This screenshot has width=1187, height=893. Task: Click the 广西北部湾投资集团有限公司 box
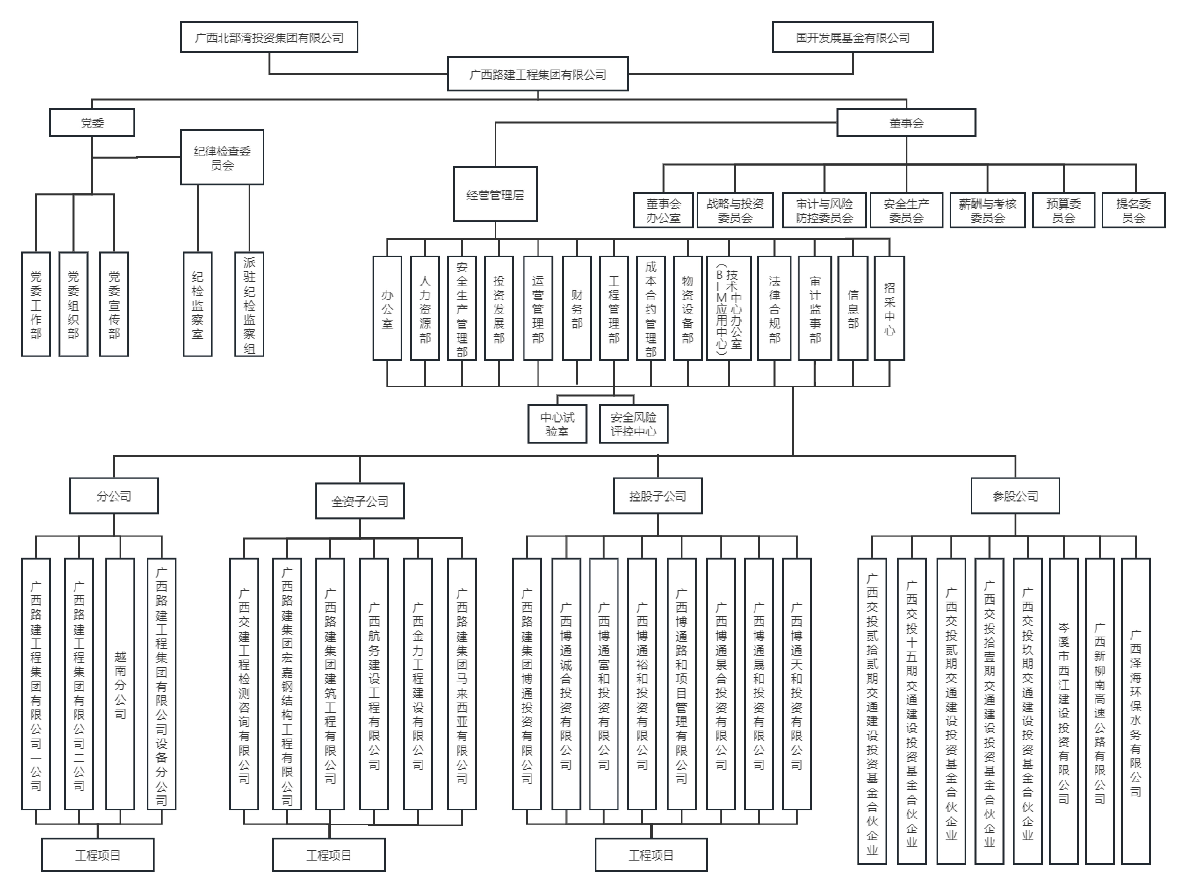point(269,37)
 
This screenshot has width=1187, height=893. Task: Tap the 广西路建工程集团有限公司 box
point(538,74)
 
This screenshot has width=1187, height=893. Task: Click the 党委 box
point(92,123)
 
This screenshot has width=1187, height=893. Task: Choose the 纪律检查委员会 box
point(222,157)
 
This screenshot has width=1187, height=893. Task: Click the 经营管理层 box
point(495,194)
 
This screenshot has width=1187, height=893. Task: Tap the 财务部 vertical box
point(577,308)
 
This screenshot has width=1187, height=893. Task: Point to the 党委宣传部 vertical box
point(114,304)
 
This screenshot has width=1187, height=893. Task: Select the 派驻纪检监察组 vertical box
point(249,304)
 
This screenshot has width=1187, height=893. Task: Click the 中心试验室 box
point(557,424)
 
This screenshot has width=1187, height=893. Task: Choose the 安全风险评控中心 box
point(633,424)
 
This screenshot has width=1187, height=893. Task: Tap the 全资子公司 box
point(359,501)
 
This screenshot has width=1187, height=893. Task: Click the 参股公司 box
point(1015,496)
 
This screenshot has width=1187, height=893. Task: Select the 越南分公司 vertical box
point(120,684)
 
